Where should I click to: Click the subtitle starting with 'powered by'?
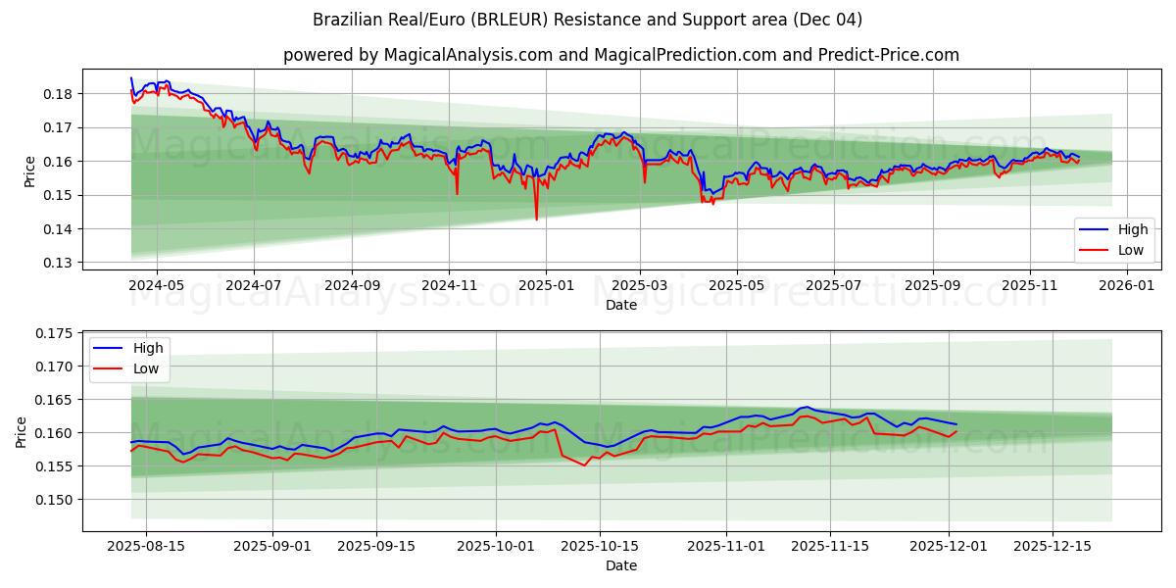(x=621, y=55)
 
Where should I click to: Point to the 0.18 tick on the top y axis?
(x=57, y=94)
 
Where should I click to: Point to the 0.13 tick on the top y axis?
(x=57, y=263)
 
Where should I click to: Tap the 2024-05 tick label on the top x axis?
(x=158, y=285)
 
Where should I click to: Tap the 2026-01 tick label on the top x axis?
(x=1126, y=285)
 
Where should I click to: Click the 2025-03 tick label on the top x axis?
(x=640, y=285)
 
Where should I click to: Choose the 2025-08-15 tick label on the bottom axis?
(x=146, y=546)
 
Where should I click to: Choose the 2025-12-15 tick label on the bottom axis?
(x=1053, y=546)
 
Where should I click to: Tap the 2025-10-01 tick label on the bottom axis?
(x=496, y=546)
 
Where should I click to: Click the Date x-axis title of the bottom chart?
(x=621, y=565)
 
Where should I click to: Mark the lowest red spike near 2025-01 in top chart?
(x=536, y=219)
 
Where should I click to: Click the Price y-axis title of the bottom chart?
(x=22, y=431)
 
